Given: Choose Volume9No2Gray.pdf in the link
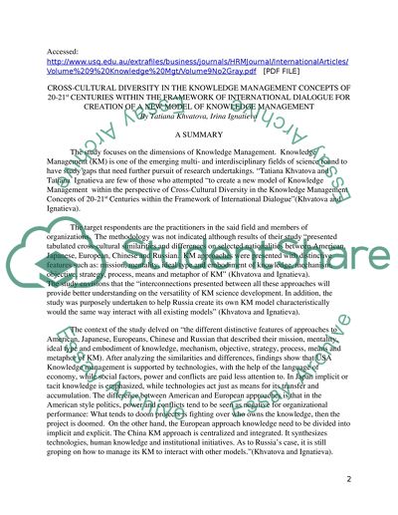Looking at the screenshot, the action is tap(180, 72).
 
